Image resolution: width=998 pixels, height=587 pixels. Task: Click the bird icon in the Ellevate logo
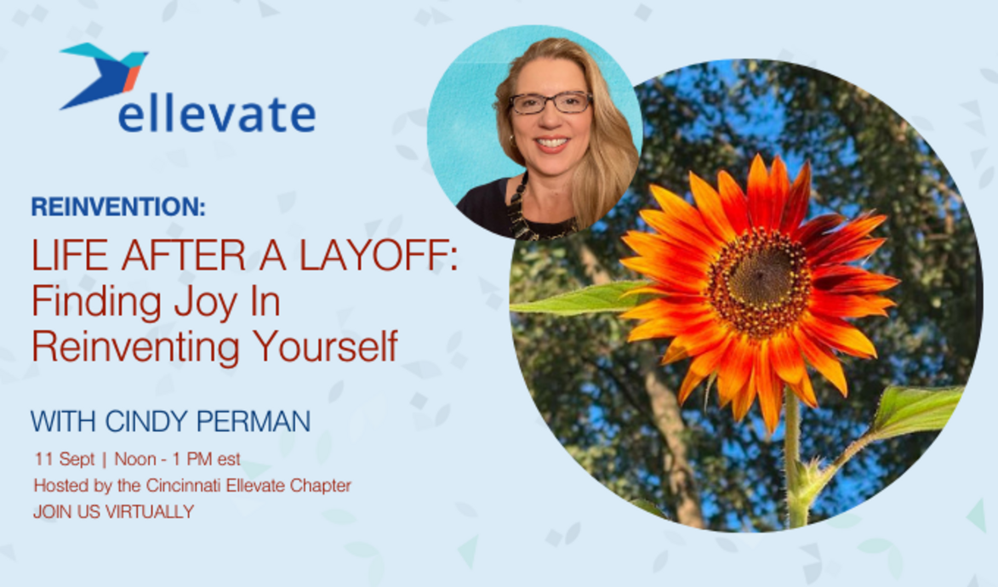pos(104,74)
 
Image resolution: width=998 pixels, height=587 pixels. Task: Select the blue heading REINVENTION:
pos(117,207)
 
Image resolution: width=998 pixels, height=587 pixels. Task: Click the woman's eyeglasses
pos(550,103)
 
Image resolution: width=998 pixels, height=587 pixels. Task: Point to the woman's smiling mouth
pos(552,144)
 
